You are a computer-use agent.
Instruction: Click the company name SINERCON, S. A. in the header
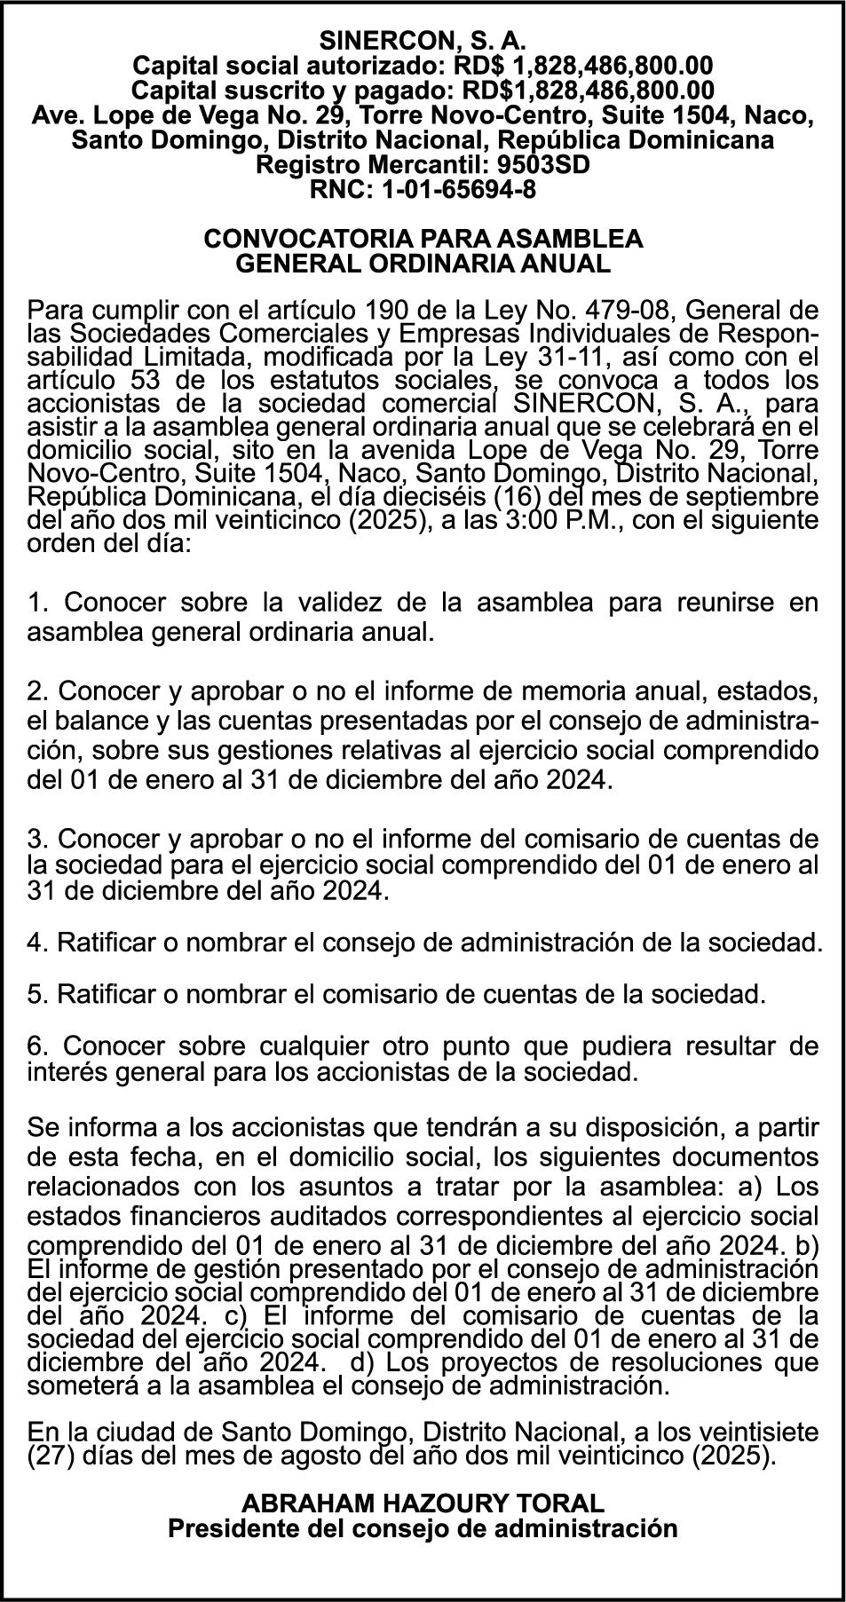[423, 41]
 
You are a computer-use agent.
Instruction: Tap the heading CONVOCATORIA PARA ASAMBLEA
[423, 239]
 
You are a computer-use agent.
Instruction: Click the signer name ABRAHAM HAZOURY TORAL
[423, 1503]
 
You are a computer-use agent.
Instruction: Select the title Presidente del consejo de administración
[423, 1528]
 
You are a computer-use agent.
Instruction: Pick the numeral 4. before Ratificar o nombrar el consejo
[37, 942]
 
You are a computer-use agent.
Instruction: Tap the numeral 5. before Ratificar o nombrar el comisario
[37, 994]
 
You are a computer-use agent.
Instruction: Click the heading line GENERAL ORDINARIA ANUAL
[423, 264]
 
